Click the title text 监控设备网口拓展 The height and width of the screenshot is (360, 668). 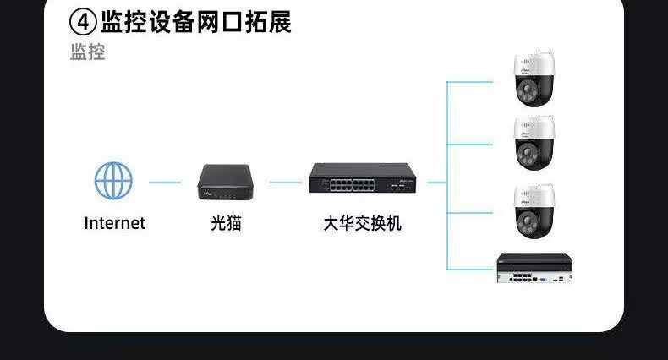point(195,21)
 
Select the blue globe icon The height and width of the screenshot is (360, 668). point(113,181)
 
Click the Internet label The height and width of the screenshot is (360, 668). point(114,224)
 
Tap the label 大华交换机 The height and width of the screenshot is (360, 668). point(363,224)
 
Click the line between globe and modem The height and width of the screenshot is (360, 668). point(165,182)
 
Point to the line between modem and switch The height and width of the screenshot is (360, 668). point(286,182)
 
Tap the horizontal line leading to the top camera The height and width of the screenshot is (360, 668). point(474,82)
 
